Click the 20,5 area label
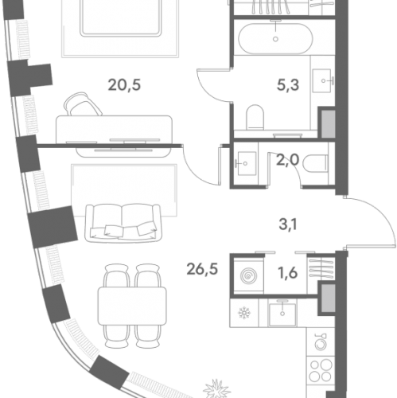tap(124, 85)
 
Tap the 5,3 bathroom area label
tap(288, 85)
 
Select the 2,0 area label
tap(287, 160)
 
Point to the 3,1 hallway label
tap(288, 224)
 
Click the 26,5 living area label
tap(202, 269)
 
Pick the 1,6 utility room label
tap(288, 273)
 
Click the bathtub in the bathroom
tap(275, 39)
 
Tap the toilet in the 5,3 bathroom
tap(255, 117)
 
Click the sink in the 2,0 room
tap(247, 163)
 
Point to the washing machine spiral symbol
tap(248, 276)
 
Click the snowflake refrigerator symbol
tap(244, 313)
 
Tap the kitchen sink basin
tap(282, 314)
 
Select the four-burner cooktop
tap(321, 370)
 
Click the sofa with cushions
tap(123, 223)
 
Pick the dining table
tap(132, 306)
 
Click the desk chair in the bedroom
tap(83, 104)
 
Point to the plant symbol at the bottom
tap(216, 389)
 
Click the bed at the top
tap(121, 18)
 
